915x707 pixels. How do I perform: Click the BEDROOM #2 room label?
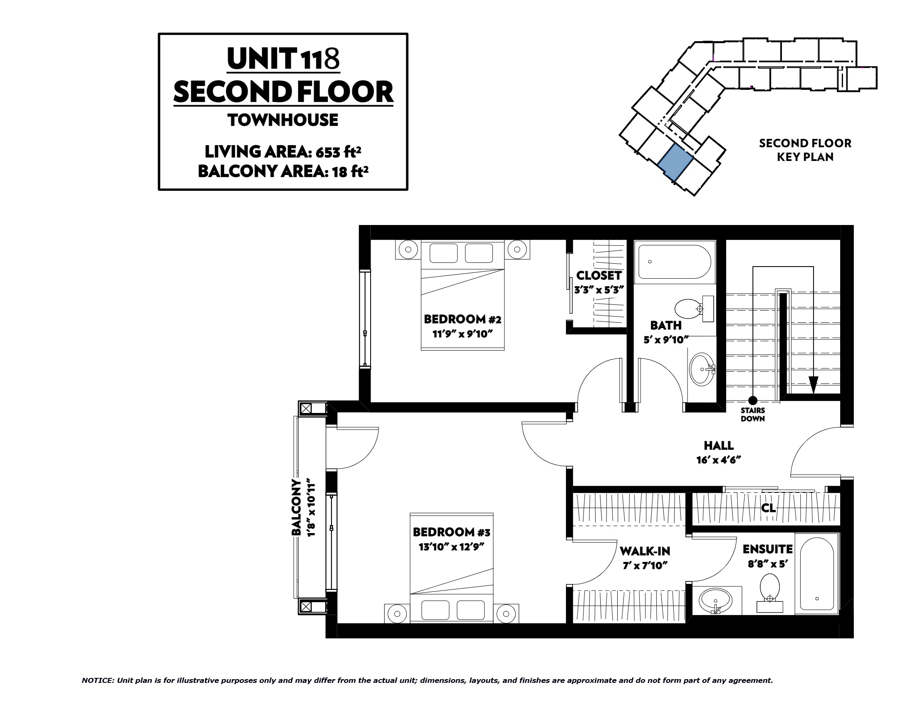(x=462, y=319)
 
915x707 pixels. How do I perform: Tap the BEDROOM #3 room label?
(x=451, y=532)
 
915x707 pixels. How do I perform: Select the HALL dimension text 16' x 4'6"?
(x=719, y=460)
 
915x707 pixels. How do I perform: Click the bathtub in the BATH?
(x=674, y=262)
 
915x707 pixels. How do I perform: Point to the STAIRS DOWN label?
(x=752, y=414)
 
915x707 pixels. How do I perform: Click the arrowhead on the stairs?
(x=813, y=385)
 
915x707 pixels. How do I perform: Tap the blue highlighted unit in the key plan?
(x=675, y=163)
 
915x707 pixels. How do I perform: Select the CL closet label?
(x=768, y=508)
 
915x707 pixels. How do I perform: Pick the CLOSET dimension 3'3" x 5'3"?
(x=599, y=289)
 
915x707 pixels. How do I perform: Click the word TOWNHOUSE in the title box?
(x=283, y=120)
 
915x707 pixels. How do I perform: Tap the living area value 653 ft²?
(x=339, y=152)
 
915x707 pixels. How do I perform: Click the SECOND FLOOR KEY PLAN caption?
(x=805, y=150)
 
